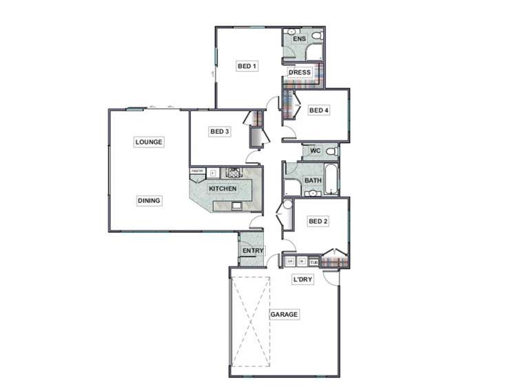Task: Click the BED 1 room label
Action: (247, 66)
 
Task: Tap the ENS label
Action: (299, 39)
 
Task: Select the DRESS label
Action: (300, 72)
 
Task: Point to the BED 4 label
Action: (319, 110)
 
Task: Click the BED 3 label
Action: (219, 131)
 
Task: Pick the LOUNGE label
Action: (149, 142)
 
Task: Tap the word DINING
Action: (149, 201)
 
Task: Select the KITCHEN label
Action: (223, 188)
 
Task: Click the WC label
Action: (316, 151)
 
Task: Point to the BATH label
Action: (313, 180)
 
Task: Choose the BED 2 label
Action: (318, 222)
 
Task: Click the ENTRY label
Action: (253, 251)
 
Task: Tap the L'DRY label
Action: (303, 280)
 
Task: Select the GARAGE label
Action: (284, 315)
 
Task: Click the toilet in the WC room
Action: (331, 151)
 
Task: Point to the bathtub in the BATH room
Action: (331, 179)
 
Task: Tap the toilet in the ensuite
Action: (316, 34)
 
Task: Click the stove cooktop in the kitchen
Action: (234, 172)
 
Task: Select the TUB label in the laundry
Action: (314, 262)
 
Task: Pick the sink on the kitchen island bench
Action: (236, 205)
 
